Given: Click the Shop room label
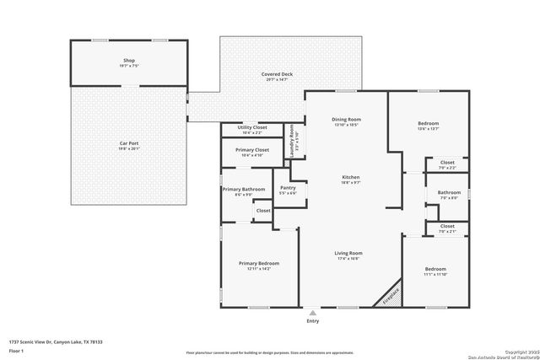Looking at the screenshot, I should click(x=128, y=62).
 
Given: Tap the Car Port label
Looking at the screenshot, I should click(x=128, y=143).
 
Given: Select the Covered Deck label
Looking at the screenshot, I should click(x=277, y=74).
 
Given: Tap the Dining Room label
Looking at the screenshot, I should click(x=347, y=120).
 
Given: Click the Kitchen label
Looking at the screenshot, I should click(x=351, y=177).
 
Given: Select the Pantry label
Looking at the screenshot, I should click(x=288, y=188).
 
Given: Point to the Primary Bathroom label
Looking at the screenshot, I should click(x=244, y=189).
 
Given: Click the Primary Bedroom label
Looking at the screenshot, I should click(x=258, y=263).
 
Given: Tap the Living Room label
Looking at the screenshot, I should click(x=348, y=253).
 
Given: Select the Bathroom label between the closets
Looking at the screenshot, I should click(x=449, y=192).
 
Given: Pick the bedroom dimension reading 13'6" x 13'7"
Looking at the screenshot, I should click(x=428, y=129).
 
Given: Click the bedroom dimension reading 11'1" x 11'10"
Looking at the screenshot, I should click(x=435, y=274).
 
